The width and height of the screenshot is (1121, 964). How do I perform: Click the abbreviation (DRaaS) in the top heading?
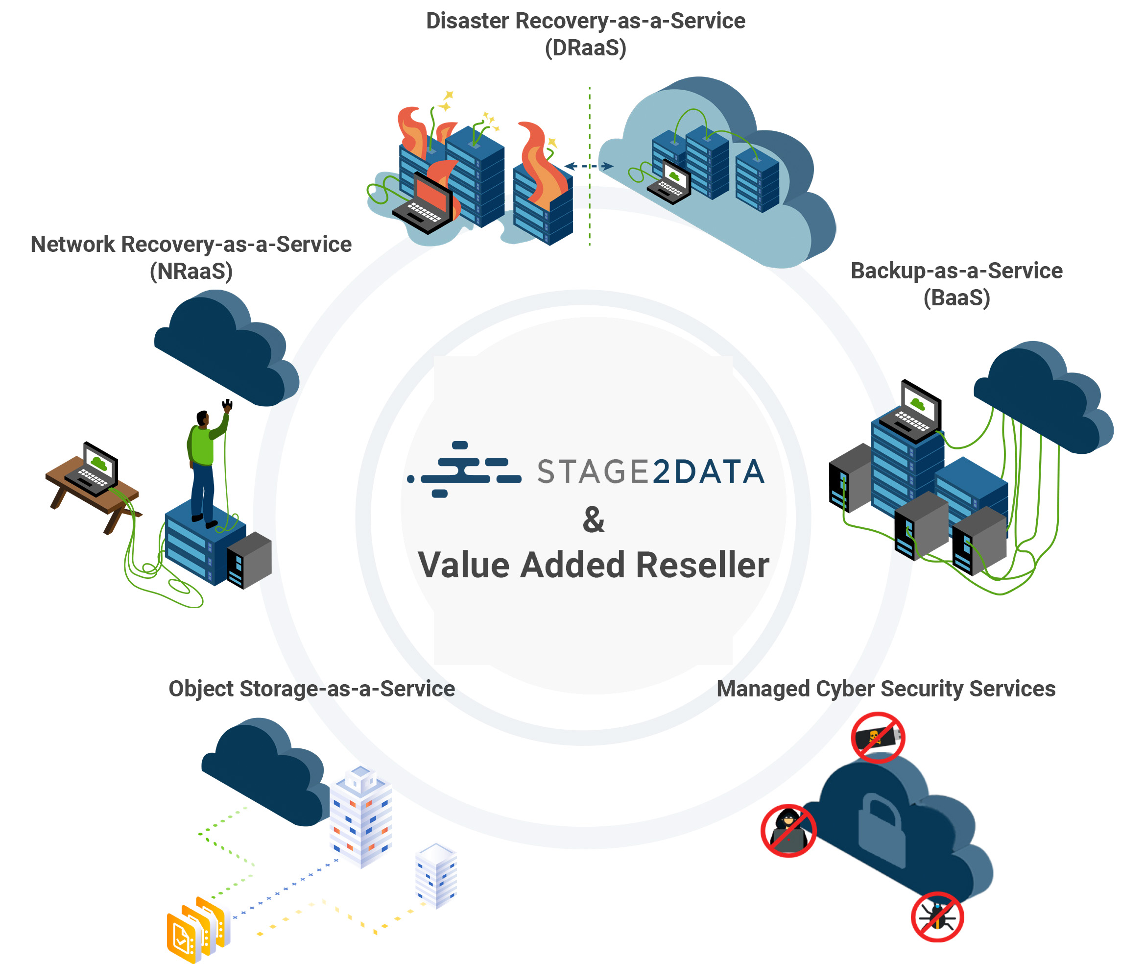[585, 48]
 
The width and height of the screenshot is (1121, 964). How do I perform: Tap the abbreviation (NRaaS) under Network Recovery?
[191, 271]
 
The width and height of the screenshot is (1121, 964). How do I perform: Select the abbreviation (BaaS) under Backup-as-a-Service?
[956, 297]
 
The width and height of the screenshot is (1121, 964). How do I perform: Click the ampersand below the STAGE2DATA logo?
[593, 519]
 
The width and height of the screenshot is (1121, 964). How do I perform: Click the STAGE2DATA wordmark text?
[651, 471]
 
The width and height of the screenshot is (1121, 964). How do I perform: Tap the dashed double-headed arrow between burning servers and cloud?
[589, 166]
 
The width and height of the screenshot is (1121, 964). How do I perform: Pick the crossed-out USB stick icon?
[878, 737]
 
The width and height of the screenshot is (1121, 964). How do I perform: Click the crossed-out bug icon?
[937, 917]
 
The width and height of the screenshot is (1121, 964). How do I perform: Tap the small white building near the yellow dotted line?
[436, 874]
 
